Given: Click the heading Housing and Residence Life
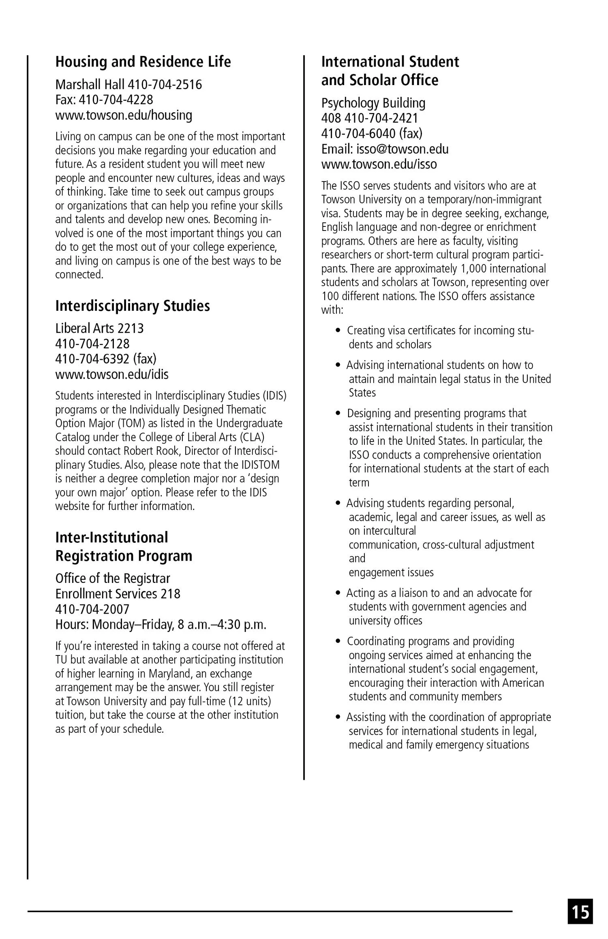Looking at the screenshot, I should coord(143,62).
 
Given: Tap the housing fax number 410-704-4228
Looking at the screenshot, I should coord(116,100).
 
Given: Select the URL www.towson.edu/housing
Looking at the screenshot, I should coord(124,115).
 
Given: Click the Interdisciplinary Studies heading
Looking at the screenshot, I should coord(133,306).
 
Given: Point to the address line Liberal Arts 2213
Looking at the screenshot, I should coord(99,328).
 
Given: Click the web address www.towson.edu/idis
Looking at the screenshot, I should coord(112,374).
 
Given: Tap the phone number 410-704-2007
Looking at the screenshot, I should coord(92,609).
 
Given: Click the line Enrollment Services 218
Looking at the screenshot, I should coord(118,593).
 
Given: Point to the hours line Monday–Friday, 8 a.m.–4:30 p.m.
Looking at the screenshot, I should coord(178,624).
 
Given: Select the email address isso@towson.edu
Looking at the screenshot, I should coord(402,149).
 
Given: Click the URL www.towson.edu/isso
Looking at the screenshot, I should coord(379,164).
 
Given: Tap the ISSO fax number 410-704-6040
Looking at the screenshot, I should coord(358,133).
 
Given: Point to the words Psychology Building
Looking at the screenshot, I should coord(373,103).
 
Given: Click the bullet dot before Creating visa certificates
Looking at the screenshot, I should coord(338,331).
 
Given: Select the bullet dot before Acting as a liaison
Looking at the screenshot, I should coord(338,593).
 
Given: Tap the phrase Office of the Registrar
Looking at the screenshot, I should coord(113,578).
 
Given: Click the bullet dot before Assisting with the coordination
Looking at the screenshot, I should coord(338,717).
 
